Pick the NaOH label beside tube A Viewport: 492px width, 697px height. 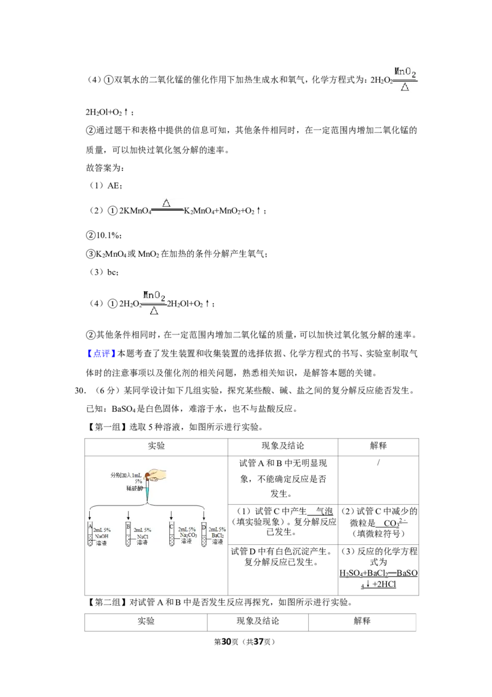(101, 536)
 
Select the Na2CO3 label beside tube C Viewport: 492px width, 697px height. (188, 535)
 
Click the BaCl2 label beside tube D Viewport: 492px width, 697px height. (218, 536)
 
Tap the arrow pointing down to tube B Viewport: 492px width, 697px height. (129, 514)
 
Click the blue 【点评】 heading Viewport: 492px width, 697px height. (101, 353)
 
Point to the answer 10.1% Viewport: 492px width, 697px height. (108, 235)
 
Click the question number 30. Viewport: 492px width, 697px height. (80, 390)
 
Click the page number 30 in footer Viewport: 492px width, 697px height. (226, 642)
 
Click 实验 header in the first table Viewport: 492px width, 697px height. (156, 446)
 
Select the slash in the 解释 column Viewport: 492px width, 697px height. (378, 463)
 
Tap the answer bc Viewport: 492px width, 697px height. (113, 272)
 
